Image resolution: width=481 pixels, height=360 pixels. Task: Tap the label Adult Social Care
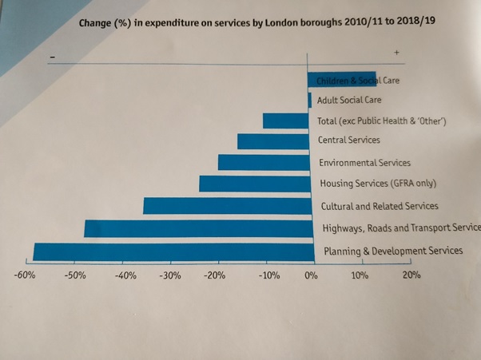click(349, 101)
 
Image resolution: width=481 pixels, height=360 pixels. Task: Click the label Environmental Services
click(364, 162)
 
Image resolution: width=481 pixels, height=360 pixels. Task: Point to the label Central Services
click(349, 140)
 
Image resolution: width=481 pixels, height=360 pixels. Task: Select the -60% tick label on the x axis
click(25, 276)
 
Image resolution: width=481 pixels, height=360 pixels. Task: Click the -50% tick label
click(75, 276)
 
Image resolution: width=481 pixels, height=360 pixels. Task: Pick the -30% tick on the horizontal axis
click(171, 276)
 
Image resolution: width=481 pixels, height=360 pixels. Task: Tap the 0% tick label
click(311, 276)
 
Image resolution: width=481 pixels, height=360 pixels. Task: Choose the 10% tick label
click(360, 276)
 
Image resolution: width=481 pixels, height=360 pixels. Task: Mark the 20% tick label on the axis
click(411, 276)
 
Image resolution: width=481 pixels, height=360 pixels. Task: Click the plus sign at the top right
click(396, 52)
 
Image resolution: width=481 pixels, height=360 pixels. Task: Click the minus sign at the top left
click(53, 57)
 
